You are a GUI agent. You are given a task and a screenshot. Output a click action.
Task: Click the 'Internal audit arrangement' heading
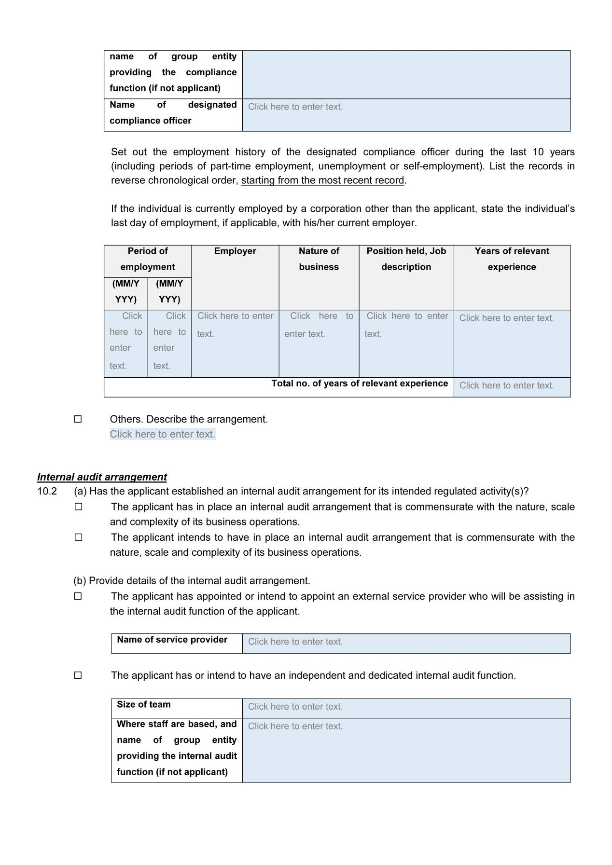(x=102, y=477)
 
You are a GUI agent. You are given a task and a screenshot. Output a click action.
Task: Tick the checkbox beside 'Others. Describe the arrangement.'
(x=78, y=419)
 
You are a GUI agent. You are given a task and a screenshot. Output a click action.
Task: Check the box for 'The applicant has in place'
(x=78, y=507)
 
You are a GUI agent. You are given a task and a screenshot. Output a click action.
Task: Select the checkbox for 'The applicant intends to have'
(x=78, y=537)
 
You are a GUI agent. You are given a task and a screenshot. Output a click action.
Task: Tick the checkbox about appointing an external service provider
(x=78, y=596)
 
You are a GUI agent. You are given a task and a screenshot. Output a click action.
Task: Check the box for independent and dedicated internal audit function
(x=78, y=675)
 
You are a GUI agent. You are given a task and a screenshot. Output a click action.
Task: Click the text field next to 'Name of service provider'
(x=405, y=643)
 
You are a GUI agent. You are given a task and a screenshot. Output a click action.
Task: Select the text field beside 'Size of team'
(x=405, y=708)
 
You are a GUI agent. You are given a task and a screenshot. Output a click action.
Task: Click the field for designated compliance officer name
(x=405, y=115)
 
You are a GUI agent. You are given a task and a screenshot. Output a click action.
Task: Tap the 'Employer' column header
(x=235, y=251)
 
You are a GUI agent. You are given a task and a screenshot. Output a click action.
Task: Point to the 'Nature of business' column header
(x=319, y=259)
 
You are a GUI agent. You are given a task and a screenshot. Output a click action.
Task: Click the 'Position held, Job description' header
(x=406, y=259)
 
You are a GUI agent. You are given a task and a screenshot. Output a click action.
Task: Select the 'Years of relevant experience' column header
(x=512, y=259)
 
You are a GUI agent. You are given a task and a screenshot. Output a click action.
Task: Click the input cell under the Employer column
(x=235, y=343)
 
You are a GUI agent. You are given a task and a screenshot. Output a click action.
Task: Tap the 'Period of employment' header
(x=148, y=259)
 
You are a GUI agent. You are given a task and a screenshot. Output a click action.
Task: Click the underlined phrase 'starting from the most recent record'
(x=322, y=180)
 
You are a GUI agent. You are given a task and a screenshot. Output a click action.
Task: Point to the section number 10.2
(x=47, y=492)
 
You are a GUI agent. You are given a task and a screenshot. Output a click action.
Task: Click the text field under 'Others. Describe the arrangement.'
(x=163, y=434)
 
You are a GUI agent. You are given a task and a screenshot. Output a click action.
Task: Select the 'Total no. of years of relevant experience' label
(x=360, y=384)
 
